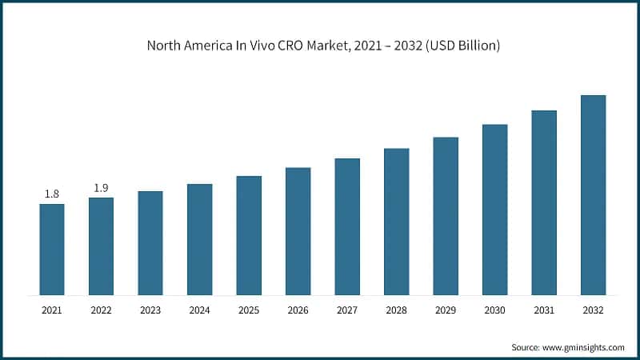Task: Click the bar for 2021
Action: pyautogui.click(x=52, y=249)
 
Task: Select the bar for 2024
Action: pyautogui.click(x=199, y=238)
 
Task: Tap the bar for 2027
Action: pyautogui.click(x=347, y=226)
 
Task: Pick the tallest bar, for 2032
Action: pyautogui.click(x=593, y=194)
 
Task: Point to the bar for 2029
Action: pyautogui.click(x=446, y=215)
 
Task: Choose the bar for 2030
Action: pyautogui.click(x=494, y=209)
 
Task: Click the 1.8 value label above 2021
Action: pyautogui.click(x=52, y=194)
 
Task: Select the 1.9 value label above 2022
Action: pyautogui.click(x=101, y=187)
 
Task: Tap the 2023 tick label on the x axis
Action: pyautogui.click(x=150, y=310)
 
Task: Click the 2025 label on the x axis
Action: pyautogui.click(x=249, y=310)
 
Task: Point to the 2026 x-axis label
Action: pyautogui.click(x=298, y=310)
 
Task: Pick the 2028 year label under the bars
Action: pyautogui.click(x=396, y=310)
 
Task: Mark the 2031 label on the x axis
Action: pyautogui.click(x=544, y=310)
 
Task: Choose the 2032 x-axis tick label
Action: pyautogui.click(x=593, y=310)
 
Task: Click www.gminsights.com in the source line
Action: pyautogui.click(x=585, y=347)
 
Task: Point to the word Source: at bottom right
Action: pyautogui.click(x=526, y=347)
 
